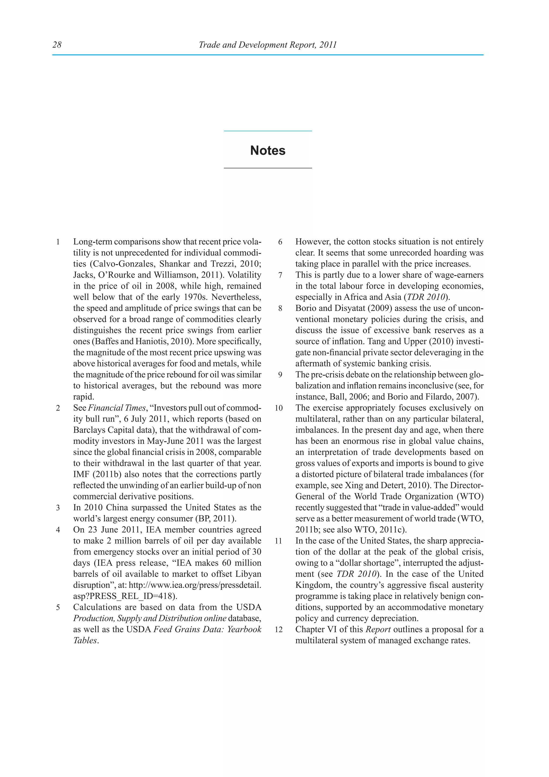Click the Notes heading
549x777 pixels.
(x=268, y=150)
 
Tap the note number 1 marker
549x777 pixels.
(x=58, y=242)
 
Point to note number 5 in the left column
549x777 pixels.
(x=58, y=607)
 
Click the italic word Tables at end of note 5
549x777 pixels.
(x=85, y=641)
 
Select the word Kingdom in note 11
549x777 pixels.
(x=314, y=585)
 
